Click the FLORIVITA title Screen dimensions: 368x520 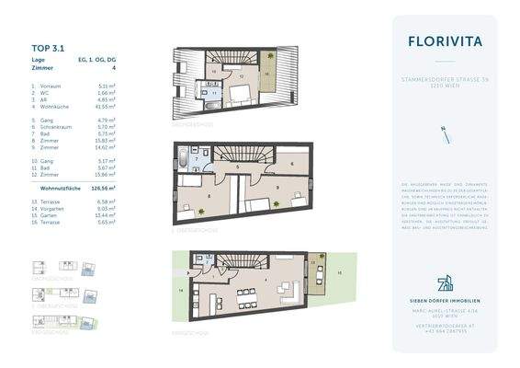pos(444,40)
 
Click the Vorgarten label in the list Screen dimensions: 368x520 pos(58,208)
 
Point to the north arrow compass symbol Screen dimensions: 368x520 pos(445,135)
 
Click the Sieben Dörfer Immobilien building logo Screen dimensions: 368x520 pos(445,282)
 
